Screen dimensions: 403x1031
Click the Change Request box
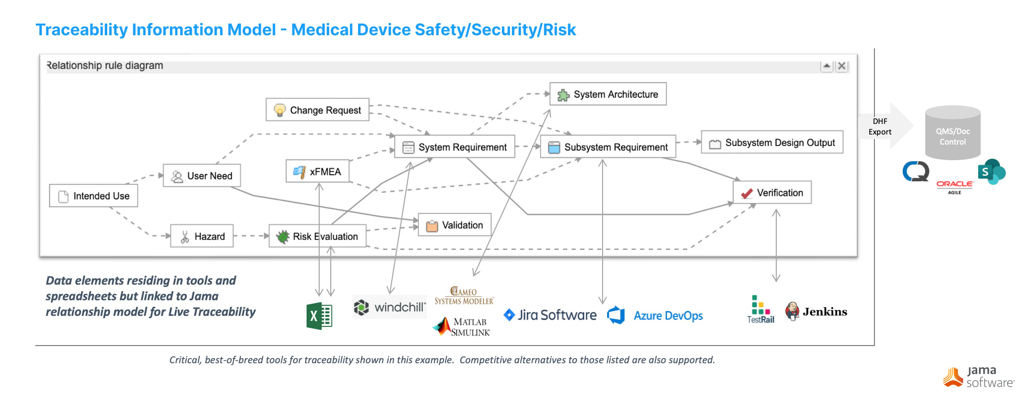coord(318,110)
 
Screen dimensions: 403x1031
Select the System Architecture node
coord(608,94)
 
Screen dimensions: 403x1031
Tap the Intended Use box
coord(94,196)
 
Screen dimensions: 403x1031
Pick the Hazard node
coord(202,236)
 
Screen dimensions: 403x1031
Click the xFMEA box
coord(318,172)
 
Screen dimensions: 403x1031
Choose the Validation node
coord(455,225)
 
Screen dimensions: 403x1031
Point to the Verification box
coord(772,193)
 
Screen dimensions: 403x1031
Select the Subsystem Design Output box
coord(772,143)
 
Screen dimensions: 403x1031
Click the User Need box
coord(202,176)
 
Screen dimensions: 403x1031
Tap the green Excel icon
coord(319,316)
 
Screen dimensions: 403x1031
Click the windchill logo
coord(390,307)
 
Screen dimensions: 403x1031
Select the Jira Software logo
coord(550,315)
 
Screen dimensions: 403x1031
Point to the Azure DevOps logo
coord(655,316)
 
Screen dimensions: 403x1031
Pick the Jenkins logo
coord(816,312)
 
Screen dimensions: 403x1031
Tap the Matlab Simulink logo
coord(462,326)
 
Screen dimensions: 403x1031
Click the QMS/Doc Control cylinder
coord(952,133)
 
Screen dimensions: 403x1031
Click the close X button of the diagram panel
coord(842,66)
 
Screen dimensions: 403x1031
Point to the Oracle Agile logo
coord(954,186)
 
